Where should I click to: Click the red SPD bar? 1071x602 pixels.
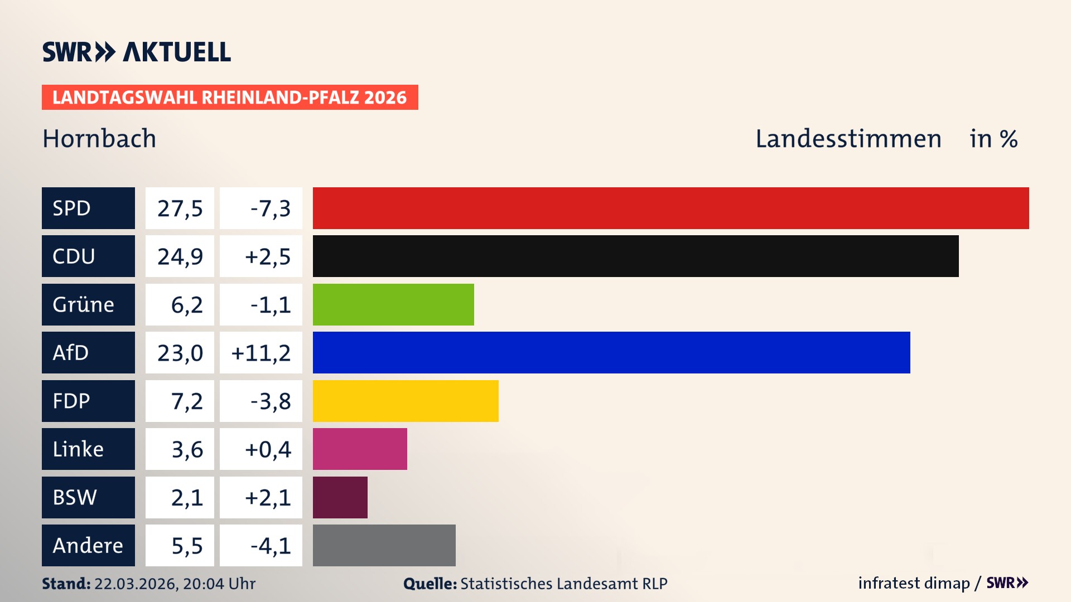tap(670, 208)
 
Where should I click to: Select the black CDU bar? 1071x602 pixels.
tap(635, 256)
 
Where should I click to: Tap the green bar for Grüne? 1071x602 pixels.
tap(393, 304)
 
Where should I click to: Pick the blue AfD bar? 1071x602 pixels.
tap(611, 352)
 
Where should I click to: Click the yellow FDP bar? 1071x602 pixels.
tap(406, 401)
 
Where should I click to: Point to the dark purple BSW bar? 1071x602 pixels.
tap(340, 497)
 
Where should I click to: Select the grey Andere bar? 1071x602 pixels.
tap(384, 545)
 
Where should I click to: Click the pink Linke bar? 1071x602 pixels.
tap(360, 449)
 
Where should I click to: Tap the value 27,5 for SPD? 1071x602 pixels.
tap(180, 208)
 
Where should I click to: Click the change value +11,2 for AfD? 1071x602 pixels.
tap(261, 353)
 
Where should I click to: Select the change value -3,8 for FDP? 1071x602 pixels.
tap(270, 401)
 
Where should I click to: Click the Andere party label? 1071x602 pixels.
tap(88, 545)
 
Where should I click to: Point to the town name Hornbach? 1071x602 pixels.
tap(99, 138)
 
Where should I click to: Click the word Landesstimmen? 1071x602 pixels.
tap(848, 138)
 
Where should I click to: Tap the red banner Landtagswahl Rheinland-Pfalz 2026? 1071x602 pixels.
tap(230, 97)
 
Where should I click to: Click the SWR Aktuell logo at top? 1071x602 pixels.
tap(137, 52)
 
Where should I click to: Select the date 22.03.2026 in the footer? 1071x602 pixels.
tap(136, 584)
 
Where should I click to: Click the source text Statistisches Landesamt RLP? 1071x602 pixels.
tap(563, 584)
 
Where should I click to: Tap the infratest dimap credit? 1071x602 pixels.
tap(914, 583)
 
